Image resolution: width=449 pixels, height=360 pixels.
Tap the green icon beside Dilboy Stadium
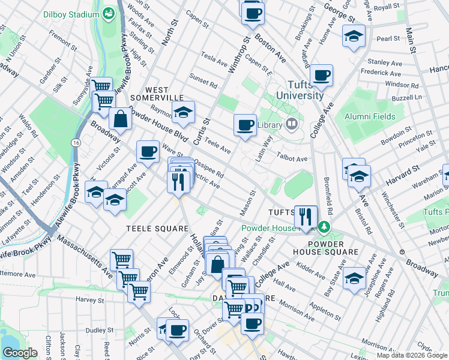(x=109, y=13)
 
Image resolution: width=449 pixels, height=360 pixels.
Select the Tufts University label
(x=301, y=89)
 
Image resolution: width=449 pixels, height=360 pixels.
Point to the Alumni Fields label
(x=369, y=116)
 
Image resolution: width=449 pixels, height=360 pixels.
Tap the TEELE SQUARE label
(x=157, y=229)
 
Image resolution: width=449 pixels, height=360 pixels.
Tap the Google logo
(x=20, y=353)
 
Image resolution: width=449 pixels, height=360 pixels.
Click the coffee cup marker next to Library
(x=244, y=125)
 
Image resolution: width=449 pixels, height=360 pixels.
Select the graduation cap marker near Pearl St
(x=354, y=36)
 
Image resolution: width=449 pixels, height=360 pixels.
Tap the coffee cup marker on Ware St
(x=148, y=151)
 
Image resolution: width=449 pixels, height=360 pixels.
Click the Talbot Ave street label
(x=292, y=159)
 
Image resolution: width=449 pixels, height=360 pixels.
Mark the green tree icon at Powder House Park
(x=324, y=227)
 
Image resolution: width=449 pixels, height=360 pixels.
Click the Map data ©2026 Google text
(x=412, y=355)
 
